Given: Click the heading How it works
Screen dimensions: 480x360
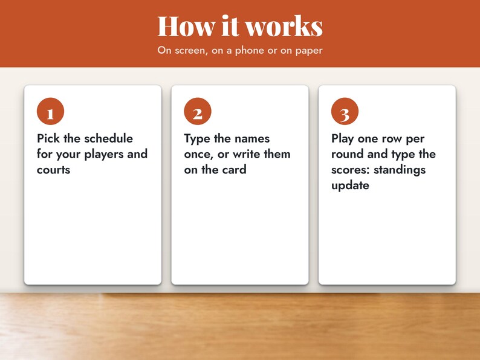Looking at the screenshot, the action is [x=240, y=26].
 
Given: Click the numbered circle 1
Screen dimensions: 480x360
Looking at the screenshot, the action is [x=51, y=111].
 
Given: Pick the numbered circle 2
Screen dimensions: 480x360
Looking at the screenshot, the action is [x=198, y=111].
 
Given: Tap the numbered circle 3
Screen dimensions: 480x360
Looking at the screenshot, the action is [x=345, y=111].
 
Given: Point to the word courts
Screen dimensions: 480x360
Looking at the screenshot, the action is [x=54, y=170].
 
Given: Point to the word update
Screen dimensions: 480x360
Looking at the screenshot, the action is [x=350, y=185].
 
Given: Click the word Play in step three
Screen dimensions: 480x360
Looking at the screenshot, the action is [x=343, y=139].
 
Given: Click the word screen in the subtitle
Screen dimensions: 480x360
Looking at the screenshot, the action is [x=189, y=51].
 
